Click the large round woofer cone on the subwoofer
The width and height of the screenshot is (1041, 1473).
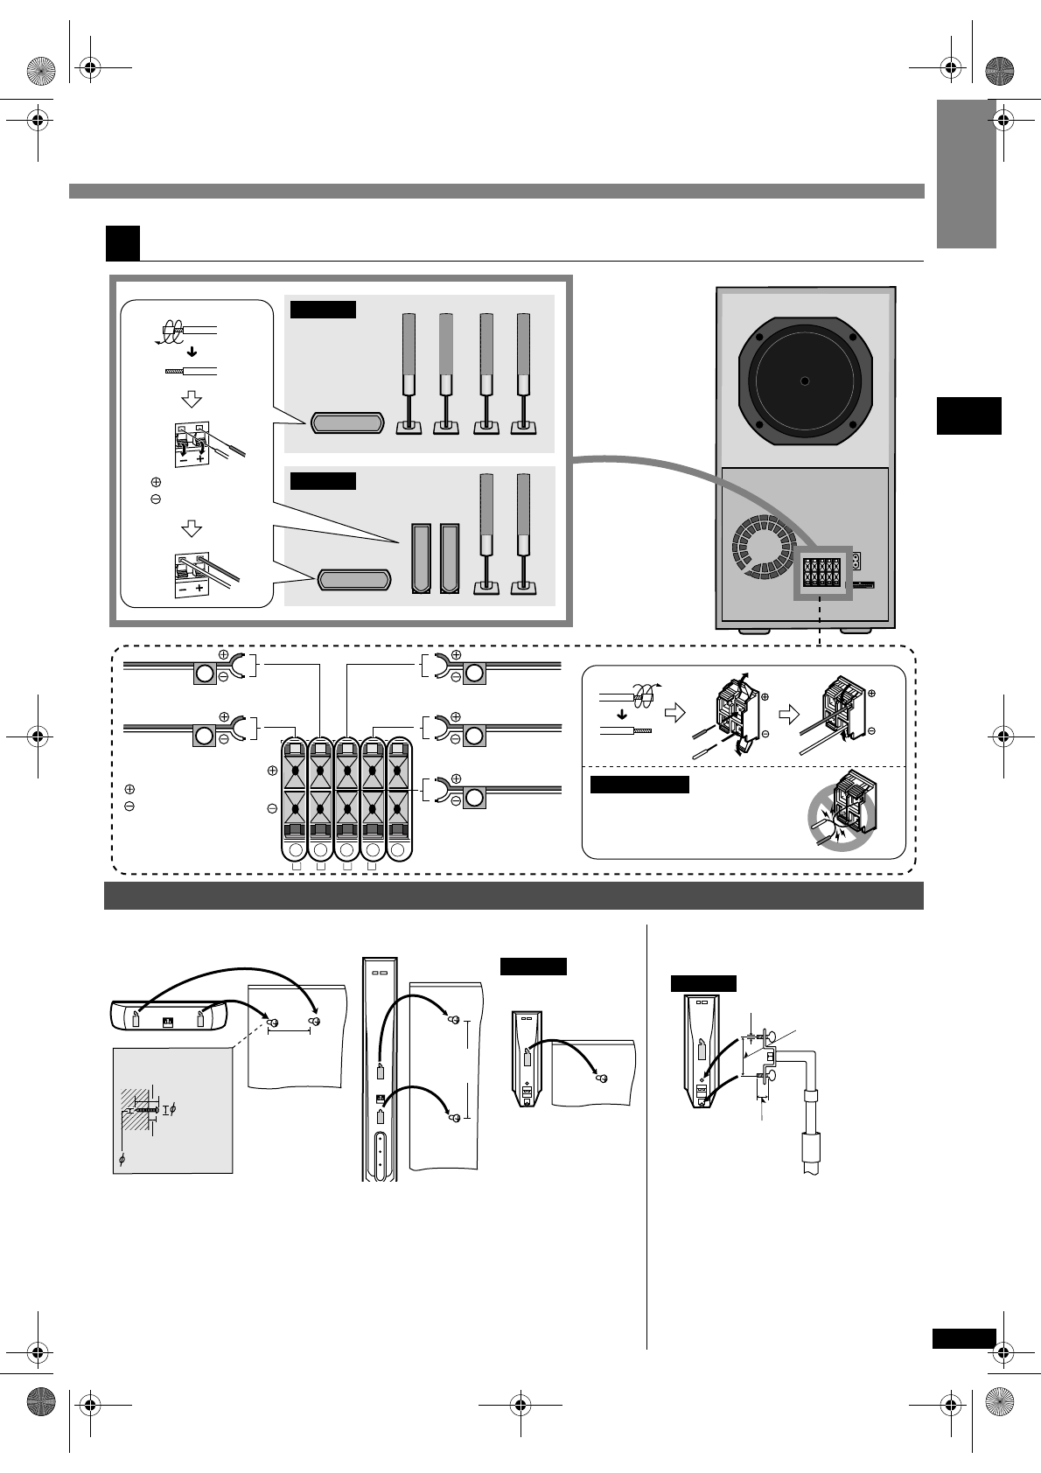804,380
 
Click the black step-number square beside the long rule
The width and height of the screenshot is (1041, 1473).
122,243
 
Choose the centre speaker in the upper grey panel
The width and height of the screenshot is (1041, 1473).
346,423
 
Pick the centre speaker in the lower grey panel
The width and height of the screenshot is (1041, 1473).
353,578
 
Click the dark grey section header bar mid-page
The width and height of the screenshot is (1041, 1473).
514,896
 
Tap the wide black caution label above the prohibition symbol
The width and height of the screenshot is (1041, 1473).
639,784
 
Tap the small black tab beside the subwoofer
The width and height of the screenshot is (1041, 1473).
968,415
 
